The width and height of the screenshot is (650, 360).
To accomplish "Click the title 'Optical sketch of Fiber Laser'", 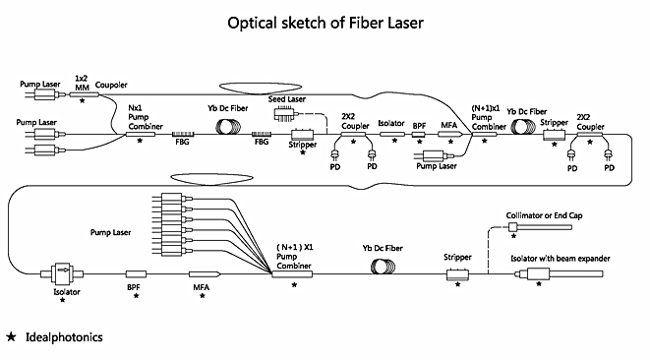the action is (325, 23).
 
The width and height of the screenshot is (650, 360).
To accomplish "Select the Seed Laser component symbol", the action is (285, 114).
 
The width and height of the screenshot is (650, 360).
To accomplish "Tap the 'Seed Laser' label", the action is (287, 99).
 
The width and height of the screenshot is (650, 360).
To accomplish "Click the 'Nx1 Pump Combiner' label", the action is (146, 117).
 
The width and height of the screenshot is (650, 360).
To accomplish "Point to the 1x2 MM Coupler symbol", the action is (85, 94).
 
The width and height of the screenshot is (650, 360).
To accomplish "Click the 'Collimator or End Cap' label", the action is (544, 215).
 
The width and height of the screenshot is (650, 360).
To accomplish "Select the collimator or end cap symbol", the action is (540, 227).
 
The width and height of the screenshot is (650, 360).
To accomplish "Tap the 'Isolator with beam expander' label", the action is (561, 259).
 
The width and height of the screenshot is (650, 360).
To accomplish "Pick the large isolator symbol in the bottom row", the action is (62, 273).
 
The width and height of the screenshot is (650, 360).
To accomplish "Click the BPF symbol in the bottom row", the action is (136, 274).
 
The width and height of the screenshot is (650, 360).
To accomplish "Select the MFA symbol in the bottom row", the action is (205, 274).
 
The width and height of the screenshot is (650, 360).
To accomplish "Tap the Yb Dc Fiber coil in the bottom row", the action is (384, 267).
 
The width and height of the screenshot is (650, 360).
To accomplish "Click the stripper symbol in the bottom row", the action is (457, 274).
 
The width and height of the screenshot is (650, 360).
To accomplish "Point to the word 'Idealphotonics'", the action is (64, 337).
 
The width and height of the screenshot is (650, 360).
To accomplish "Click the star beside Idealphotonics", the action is (11, 336).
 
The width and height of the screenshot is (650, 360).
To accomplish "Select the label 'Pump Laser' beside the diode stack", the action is (111, 233).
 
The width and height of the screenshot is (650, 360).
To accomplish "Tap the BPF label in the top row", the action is (419, 126).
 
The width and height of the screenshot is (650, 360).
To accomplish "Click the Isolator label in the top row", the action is (391, 123).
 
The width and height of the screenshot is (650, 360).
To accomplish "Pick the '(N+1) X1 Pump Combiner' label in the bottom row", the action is (295, 257).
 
